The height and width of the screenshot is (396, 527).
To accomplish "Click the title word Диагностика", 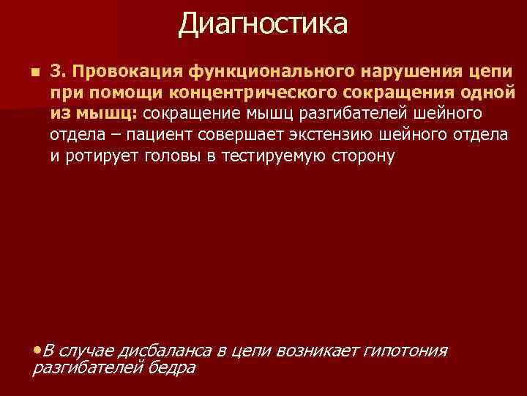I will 263,23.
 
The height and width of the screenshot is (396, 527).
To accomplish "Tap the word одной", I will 490,94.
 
